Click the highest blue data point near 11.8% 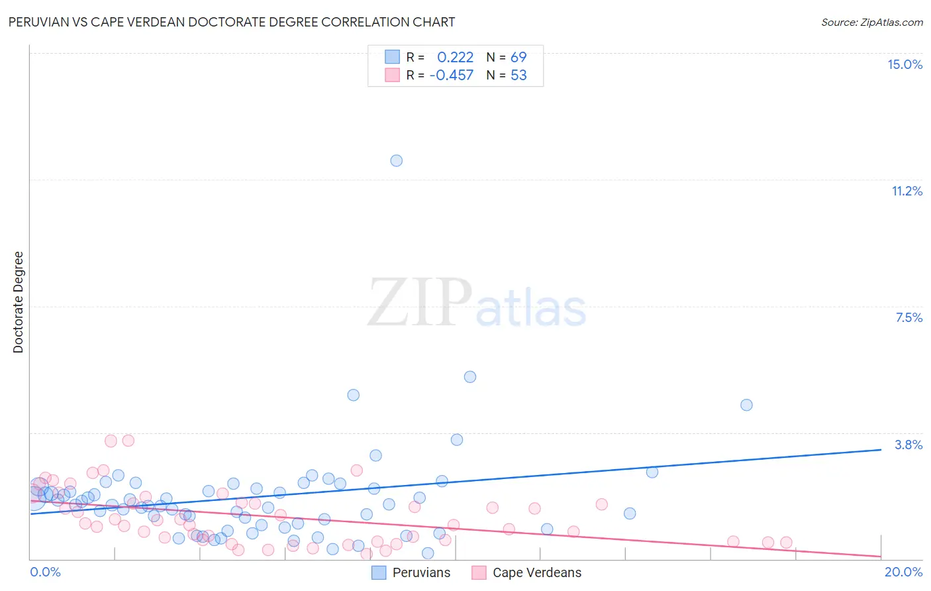pos(396,160)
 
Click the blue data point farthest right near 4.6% pos(746,405)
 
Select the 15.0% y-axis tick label pos(905,64)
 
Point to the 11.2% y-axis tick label pos(906,191)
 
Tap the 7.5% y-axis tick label pos(908,317)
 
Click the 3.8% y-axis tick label pos(908,445)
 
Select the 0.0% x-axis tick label pos(45,572)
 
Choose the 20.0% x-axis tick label pos(903,572)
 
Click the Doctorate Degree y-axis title pos(18,302)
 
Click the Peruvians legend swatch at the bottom pos(379,572)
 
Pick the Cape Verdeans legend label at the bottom pos(537,572)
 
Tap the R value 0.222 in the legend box pos(455,57)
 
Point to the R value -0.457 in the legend pos(452,75)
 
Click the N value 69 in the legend pos(518,57)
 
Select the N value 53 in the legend pos(518,75)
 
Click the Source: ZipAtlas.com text pos(871,22)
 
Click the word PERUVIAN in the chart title pos(38,22)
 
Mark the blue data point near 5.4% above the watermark pos(470,376)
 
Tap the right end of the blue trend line pos(881,449)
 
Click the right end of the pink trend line pos(881,556)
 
